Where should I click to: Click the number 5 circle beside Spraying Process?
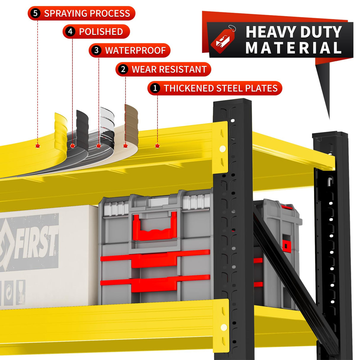point(36,13)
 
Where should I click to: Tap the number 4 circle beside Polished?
point(70,31)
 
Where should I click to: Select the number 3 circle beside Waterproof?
point(96,50)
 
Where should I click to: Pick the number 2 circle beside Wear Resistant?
point(123,69)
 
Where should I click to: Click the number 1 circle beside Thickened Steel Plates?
point(155,88)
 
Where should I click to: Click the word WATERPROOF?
point(136,50)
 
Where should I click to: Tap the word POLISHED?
point(101,31)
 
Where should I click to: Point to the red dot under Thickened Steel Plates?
point(157,146)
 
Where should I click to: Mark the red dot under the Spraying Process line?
point(38,146)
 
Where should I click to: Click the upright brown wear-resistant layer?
point(131,124)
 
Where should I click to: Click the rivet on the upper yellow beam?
point(222,149)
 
